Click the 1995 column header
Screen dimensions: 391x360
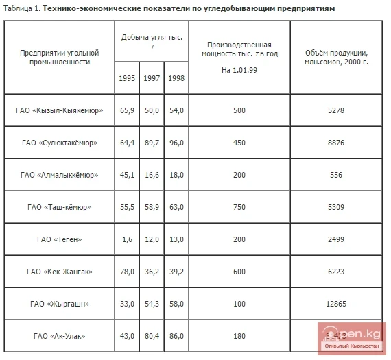click(x=127, y=77)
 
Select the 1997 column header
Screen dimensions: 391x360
click(x=152, y=77)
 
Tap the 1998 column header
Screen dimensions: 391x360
click(x=176, y=77)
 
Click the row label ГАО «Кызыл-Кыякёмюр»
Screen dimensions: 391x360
click(x=59, y=110)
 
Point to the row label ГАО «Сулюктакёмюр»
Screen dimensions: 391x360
click(x=59, y=143)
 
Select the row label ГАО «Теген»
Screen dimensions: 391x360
click(x=59, y=239)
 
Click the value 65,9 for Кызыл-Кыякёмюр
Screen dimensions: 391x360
click(x=127, y=110)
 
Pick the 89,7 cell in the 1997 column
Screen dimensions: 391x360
click(x=152, y=143)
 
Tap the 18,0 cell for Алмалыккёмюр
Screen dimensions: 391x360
click(x=176, y=175)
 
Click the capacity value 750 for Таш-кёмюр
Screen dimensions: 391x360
click(x=239, y=207)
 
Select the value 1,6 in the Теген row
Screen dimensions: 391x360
click(x=127, y=239)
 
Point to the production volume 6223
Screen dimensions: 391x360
click(x=336, y=272)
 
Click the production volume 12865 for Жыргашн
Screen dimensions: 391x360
click(x=336, y=303)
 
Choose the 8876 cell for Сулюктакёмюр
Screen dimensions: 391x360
click(x=336, y=143)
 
